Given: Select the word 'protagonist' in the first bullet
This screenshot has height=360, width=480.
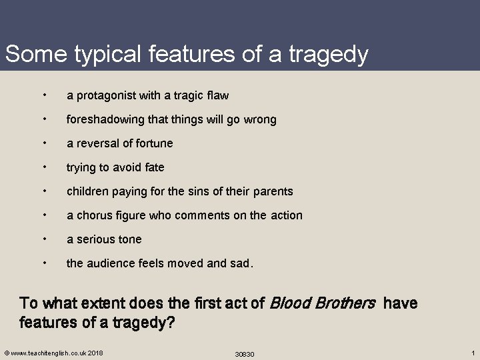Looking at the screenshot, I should tap(103, 95).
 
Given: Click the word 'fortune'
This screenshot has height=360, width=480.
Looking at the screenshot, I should tap(153, 143).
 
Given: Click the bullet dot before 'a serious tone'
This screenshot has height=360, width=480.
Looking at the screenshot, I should tap(43, 239).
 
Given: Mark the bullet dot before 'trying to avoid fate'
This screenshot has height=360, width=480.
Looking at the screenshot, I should tap(43, 167).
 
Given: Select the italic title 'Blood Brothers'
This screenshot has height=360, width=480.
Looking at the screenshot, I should tap(321, 304).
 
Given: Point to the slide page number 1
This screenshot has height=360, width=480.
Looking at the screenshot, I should tap(472, 352).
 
